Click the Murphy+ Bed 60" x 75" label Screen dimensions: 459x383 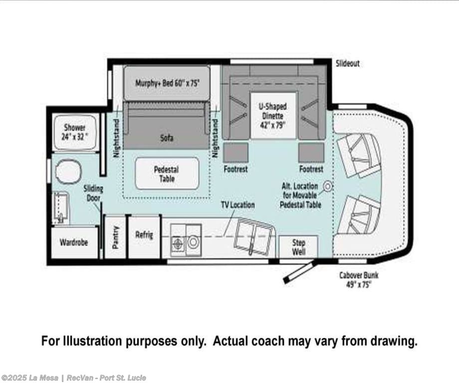(167, 83)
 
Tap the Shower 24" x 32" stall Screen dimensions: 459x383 (75, 132)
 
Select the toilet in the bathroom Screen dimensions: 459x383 (69, 171)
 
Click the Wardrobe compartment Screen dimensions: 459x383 (74, 243)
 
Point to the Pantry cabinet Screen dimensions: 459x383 (115, 237)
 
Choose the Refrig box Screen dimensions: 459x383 (144, 237)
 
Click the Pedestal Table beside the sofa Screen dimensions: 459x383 (167, 174)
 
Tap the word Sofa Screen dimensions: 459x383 (167, 138)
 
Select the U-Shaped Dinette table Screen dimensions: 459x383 (272, 115)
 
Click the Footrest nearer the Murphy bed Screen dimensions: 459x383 (235, 152)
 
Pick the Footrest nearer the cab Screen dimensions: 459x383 (311, 152)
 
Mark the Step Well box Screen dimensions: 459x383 (298, 247)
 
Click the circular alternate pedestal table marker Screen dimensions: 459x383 (328, 186)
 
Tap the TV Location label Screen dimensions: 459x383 (237, 205)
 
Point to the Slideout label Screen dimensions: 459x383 (347, 63)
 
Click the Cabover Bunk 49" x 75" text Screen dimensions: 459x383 (359, 280)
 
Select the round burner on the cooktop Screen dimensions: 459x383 (193, 242)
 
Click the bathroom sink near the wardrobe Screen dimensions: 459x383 (60, 207)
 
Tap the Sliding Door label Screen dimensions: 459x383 (93, 193)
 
